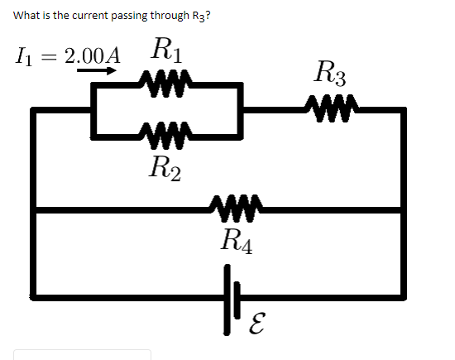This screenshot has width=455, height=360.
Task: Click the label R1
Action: [168, 51]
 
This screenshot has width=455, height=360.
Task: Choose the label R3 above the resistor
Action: [331, 73]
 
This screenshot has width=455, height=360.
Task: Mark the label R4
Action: [237, 242]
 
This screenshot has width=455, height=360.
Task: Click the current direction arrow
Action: [98, 72]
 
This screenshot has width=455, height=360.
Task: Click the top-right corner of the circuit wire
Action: [404, 109]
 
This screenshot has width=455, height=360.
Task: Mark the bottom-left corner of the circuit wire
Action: [35, 296]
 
